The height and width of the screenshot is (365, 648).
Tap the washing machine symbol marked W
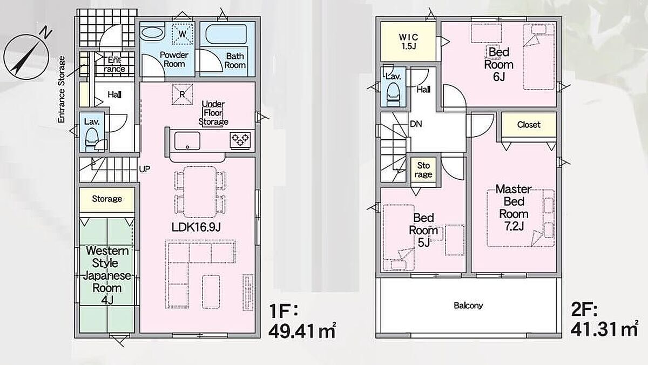coord(183,34)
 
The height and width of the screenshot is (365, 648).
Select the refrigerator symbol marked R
coord(183,94)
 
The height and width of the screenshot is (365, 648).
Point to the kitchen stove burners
coord(240,140)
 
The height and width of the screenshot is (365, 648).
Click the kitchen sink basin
coord(187,141)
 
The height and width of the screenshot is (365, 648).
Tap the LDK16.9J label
coord(196,227)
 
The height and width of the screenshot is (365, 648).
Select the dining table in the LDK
coord(200,192)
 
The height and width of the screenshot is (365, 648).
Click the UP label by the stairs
coord(145,169)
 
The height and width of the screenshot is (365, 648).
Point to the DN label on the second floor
coord(416,124)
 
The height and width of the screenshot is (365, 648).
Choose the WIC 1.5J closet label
coord(408,42)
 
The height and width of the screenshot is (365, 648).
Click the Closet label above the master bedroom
coord(529,125)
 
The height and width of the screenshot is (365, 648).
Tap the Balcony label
coord(468,306)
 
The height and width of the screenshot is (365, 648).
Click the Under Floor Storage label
coord(213,113)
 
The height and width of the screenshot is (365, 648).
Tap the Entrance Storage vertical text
coord(62,90)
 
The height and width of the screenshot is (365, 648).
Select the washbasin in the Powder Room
coord(152,33)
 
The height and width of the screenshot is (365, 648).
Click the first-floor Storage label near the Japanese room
coord(107,199)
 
